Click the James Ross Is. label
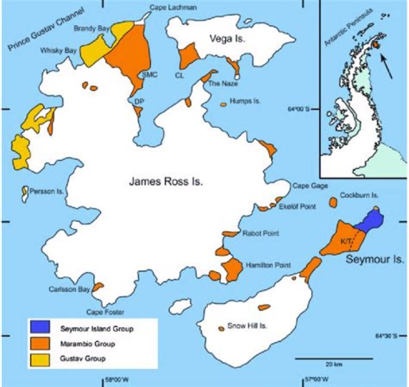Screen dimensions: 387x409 [165, 182]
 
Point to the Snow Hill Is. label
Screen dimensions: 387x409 [247, 326]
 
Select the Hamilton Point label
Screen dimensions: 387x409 [268, 265]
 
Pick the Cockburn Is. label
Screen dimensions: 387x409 [359, 195]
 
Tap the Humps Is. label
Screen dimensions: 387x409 [245, 101]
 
